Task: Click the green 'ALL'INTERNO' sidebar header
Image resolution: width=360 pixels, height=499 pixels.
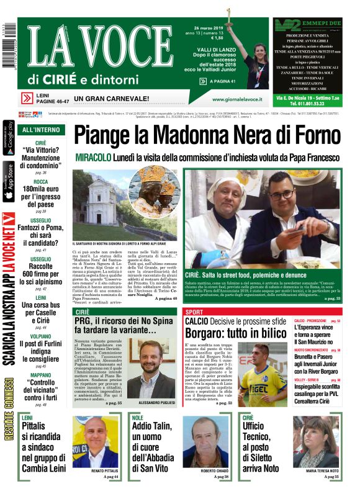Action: coord(41,130)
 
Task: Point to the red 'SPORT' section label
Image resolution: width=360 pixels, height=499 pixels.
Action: coord(194,312)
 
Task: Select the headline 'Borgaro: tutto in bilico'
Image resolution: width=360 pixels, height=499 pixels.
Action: coord(238,333)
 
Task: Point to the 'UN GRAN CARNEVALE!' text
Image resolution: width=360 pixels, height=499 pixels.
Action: coord(111,98)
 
